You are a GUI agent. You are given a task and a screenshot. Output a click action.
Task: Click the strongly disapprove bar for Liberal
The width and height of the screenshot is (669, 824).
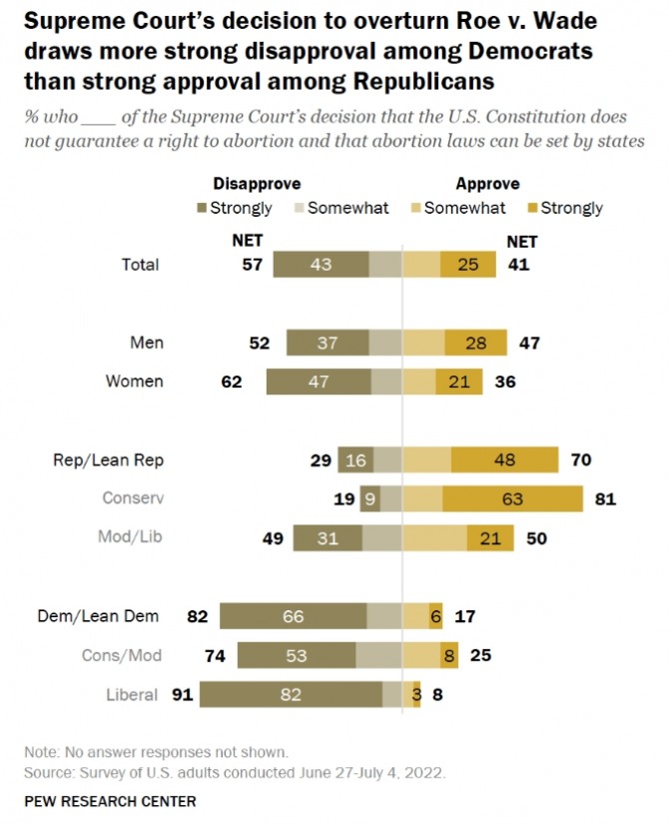point(290,695)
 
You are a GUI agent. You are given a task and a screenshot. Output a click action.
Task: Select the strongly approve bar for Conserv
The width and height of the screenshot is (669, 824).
point(512,498)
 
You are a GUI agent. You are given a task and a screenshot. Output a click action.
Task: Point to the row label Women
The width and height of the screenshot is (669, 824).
point(137,382)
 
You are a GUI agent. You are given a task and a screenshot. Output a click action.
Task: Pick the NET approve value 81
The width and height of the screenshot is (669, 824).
point(604,498)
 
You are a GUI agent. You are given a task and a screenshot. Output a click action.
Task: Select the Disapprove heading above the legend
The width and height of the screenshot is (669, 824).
point(257,184)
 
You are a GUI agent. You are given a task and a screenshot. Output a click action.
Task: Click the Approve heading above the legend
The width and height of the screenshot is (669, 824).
point(487,184)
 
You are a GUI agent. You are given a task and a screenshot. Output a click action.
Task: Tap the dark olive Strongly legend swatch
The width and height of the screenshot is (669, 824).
point(202,208)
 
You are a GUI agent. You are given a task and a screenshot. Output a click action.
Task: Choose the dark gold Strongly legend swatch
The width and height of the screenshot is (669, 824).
point(532,208)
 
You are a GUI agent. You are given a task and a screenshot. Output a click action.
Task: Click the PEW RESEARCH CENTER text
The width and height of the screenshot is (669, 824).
point(110,801)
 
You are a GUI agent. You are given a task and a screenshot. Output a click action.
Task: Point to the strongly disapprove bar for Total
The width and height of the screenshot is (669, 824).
point(321,265)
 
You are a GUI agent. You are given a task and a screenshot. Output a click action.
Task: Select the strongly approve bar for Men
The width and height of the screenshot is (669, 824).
point(475,344)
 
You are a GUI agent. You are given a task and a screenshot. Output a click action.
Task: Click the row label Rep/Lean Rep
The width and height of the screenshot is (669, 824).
point(108,460)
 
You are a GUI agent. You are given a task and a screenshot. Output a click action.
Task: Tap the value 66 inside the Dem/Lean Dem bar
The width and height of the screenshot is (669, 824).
point(293,616)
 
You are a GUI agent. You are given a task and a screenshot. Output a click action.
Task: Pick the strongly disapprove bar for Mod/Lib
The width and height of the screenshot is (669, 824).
point(327,538)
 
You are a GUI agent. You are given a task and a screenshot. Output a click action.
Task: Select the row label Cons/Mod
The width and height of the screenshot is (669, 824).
point(121,655)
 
